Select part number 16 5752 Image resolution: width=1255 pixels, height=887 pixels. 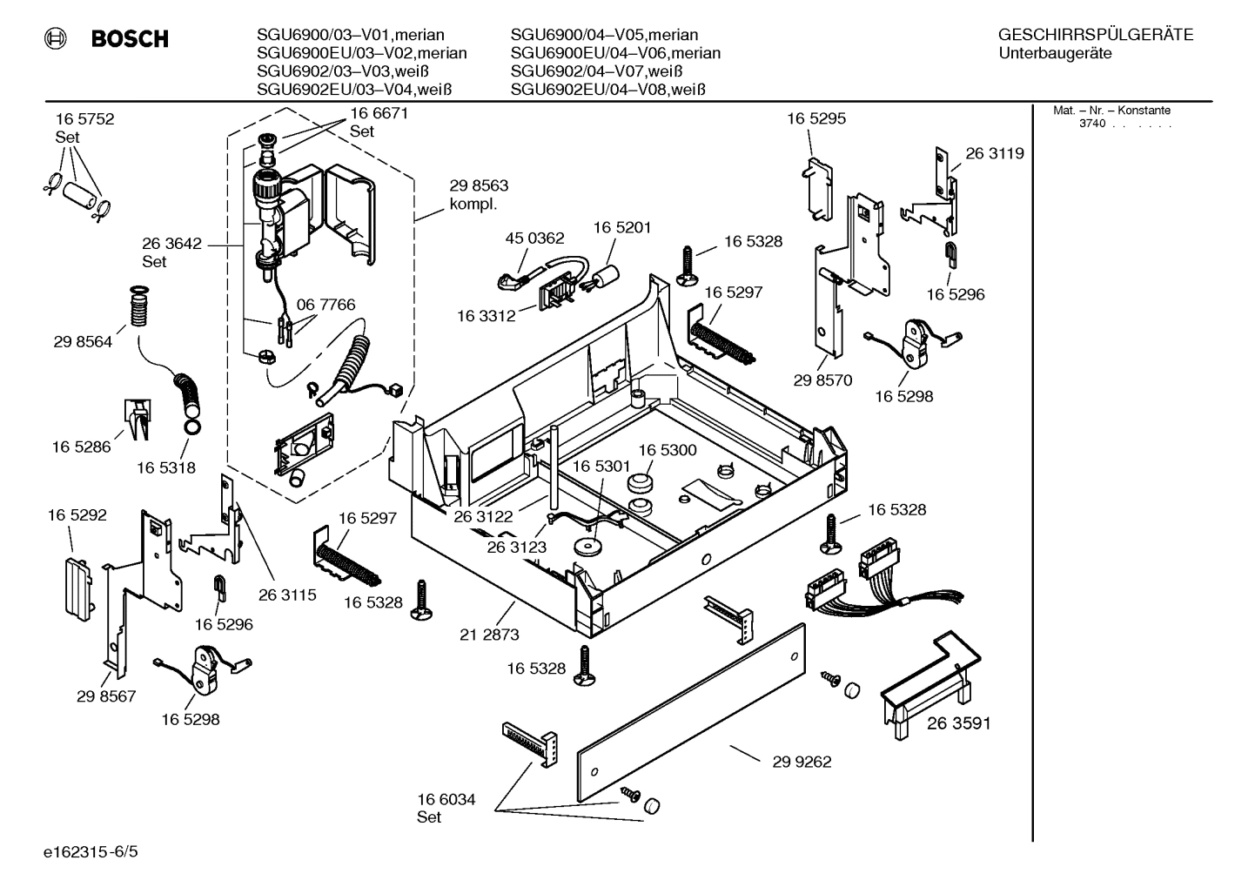84,119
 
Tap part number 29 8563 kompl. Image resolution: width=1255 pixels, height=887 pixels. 478,195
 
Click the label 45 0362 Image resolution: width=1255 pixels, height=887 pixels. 534,238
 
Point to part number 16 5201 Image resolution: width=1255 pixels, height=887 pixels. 622,227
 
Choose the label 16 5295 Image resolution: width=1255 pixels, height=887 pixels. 815,118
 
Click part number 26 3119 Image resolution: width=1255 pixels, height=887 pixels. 994,153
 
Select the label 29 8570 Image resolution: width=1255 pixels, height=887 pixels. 822,380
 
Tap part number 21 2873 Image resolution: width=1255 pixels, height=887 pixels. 489,635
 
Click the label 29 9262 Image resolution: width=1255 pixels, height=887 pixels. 802,762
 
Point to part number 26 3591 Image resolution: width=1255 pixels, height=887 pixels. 958,723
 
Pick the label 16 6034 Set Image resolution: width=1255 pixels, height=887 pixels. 446,808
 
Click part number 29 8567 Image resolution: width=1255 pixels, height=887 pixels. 106,696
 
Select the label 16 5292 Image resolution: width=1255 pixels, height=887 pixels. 77,515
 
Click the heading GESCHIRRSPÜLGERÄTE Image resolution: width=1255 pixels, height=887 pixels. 1095,35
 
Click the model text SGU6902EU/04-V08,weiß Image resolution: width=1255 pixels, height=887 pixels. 607,89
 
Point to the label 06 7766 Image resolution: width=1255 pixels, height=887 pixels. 325,305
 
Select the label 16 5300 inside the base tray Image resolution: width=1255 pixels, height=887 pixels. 668,450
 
